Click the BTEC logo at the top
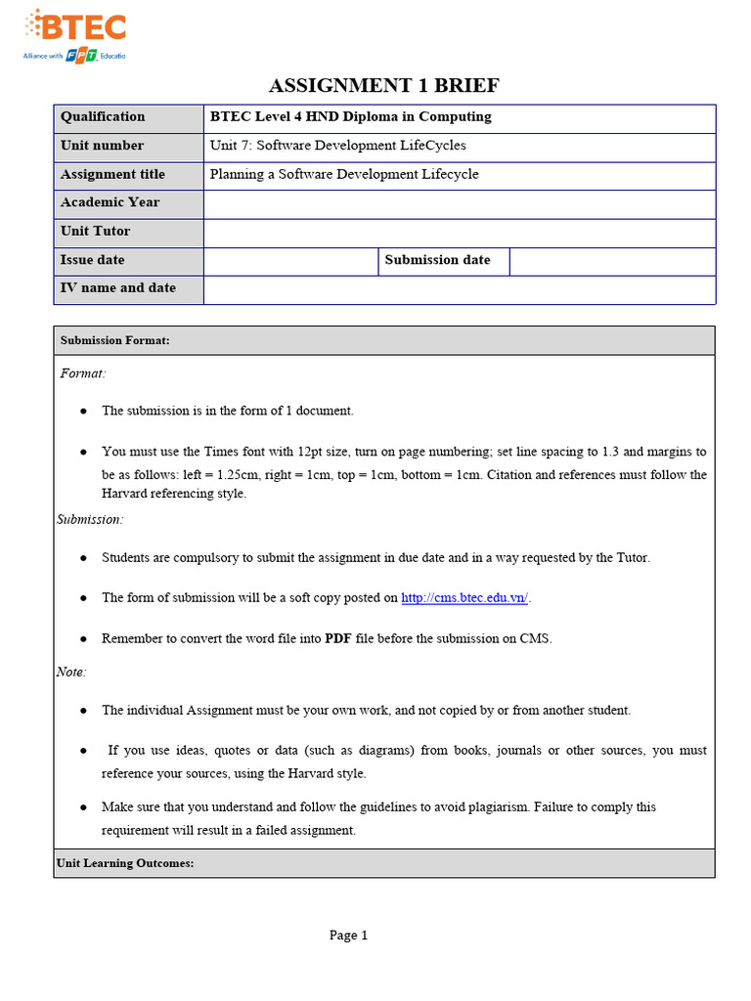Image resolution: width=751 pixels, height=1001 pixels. pyautogui.click(x=75, y=34)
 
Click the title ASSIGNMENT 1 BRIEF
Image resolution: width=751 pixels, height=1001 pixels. pyautogui.click(x=383, y=86)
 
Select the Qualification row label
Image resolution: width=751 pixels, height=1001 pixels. pyautogui.click(x=103, y=117)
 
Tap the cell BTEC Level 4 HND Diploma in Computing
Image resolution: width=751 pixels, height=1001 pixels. pyautogui.click(x=351, y=117)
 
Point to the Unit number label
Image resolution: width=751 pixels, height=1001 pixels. pyautogui.click(x=102, y=146)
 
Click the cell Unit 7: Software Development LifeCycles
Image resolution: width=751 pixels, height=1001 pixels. pyautogui.click(x=337, y=146)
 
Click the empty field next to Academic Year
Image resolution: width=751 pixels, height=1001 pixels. pyautogui.click(x=460, y=203)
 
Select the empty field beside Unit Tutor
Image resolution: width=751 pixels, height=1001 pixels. pyautogui.click(x=460, y=233)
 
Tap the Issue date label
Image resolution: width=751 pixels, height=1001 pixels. pyautogui.click(x=93, y=261)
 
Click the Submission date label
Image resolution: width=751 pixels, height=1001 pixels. pyautogui.click(x=437, y=260)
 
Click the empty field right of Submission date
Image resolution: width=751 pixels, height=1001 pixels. pyautogui.click(x=612, y=261)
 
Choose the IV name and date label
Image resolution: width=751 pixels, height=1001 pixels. pyautogui.click(x=118, y=288)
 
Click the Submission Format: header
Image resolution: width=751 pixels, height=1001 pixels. pyautogui.click(x=115, y=341)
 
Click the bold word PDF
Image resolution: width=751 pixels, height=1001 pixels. pyautogui.click(x=338, y=639)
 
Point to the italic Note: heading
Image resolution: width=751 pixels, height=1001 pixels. pyautogui.click(x=71, y=673)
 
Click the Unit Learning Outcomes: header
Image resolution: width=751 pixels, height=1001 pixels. pyautogui.click(x=125, y=864)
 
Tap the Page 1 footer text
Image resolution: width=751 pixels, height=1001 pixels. pyautogui.click(x=348, y=936)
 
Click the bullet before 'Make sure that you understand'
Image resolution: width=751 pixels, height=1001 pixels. pyautogui.click(x=84, y=807)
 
